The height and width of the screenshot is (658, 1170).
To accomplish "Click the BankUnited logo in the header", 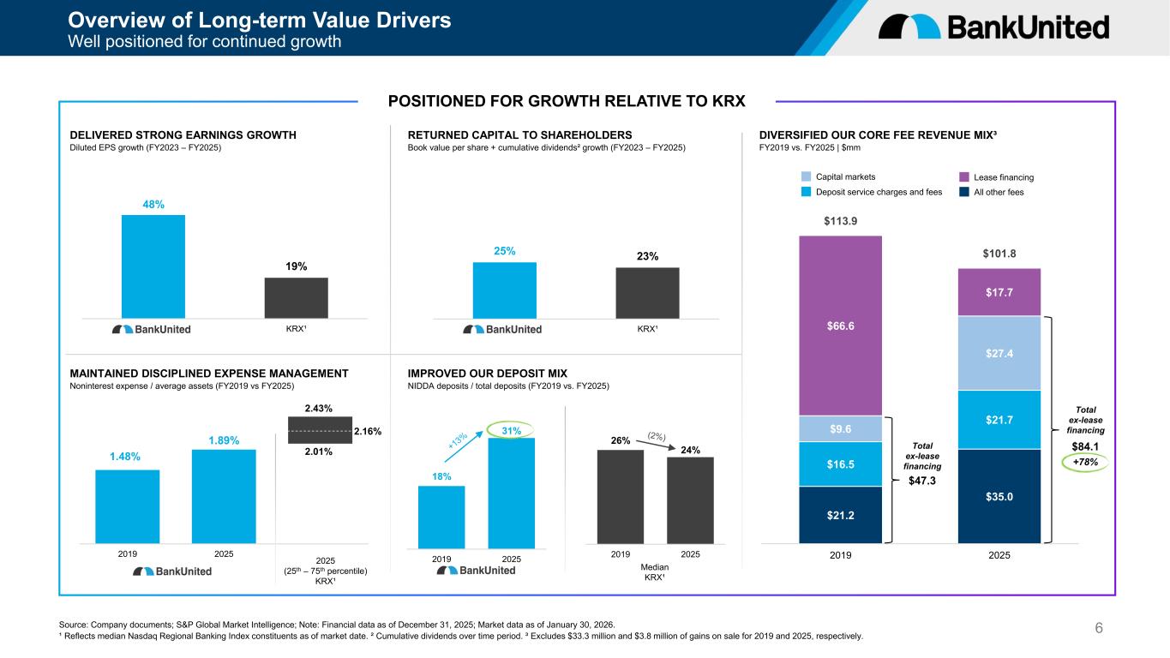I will (993, 27).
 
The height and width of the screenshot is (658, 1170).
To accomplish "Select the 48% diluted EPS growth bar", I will (153, 266).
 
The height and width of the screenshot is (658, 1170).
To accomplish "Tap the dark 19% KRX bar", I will (296, 297).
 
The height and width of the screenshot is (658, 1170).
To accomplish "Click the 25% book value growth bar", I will (504, 290).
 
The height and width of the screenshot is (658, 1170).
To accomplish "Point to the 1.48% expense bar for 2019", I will (127, 505).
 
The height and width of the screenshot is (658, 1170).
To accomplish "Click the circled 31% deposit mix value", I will (511, 429).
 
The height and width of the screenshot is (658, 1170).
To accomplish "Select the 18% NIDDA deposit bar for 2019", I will (441, 517).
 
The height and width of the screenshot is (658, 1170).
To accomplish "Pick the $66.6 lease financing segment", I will (841, 326).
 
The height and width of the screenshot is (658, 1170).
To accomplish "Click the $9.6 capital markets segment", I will (841, 428).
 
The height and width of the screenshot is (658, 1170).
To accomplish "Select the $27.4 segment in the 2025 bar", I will (999, 353).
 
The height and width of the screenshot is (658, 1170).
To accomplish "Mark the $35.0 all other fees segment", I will (999, 496).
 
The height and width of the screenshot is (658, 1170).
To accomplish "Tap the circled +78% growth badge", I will (1085, 462).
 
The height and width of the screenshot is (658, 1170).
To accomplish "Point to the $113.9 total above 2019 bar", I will (841, 221).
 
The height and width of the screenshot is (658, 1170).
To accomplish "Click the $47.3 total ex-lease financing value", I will (922, 482).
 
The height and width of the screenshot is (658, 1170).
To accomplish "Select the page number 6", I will (1099, 629).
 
